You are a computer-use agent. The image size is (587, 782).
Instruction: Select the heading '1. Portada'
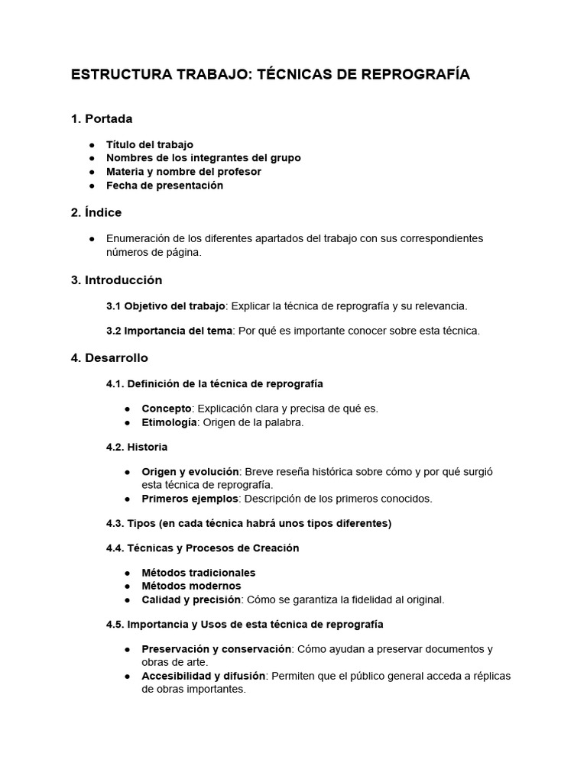coord(101,118)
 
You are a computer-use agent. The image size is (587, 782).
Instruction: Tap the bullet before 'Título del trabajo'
coord(92,144)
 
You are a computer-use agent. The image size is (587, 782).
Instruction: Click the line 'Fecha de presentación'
coord(164,186)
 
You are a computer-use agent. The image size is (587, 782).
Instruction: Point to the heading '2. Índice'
coord(96,212)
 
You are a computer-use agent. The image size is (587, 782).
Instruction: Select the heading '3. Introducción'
coord(116,280)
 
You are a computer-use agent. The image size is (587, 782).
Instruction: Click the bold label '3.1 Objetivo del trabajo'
coord(165,306)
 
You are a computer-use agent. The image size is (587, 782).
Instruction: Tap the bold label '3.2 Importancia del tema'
coord(171,331)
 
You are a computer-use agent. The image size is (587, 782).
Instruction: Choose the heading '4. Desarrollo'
coord(109,357)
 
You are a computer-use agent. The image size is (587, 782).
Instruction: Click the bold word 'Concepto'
coord(166,409)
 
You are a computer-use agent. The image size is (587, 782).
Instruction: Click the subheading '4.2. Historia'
coord(137,447)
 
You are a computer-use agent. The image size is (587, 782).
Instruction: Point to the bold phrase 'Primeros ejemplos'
coord(190,499)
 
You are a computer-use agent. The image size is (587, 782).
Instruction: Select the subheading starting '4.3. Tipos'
coord(248,523)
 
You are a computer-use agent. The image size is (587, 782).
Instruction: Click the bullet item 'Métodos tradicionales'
coord(199,573)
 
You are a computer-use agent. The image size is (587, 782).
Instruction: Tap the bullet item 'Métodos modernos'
coord(191,586)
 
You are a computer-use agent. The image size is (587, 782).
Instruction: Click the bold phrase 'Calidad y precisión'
coord(191,599)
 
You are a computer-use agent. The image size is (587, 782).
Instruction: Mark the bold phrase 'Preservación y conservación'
coord(216,649)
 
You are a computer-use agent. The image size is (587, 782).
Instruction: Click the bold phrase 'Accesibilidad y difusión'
coord(203,676)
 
